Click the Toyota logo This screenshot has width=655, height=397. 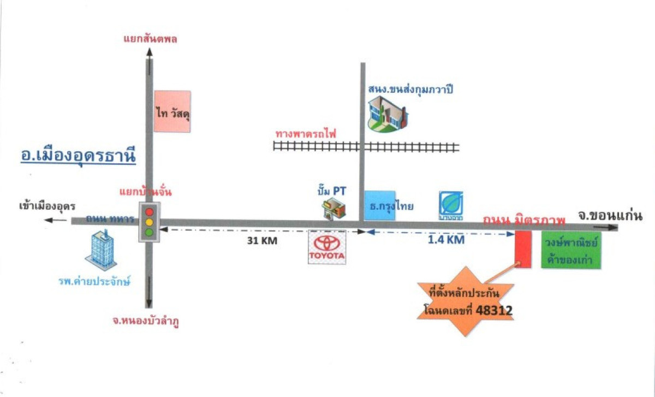click(x=327, y=247)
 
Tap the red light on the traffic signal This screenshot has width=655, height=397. click(x=148, y=211)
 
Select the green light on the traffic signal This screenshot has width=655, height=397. click(x=148, y=233)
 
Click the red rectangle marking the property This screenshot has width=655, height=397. click(x=523, y=249)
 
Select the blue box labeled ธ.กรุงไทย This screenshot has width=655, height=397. click(x=380, y=205)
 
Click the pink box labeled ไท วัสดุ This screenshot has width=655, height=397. click(x=172, y=111)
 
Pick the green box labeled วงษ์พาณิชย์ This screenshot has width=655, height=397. click(x=571, y=251)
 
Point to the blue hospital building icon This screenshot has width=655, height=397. click(x=100, y=251)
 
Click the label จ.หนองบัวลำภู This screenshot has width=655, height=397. click(x=146, y=322)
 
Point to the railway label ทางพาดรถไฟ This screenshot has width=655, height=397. click(x=306, y=133)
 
